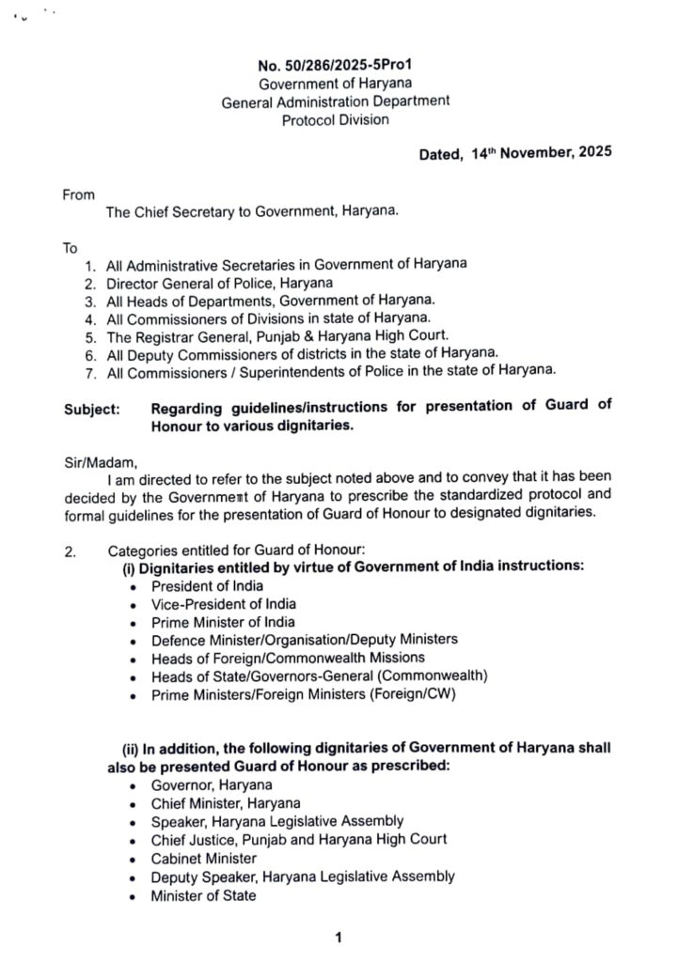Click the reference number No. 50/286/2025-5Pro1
pos(336,67)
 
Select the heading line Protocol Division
pos(336,119)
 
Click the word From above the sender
pos(79,194)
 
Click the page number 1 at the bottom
pos(337,937)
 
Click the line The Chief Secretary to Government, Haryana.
pos(252,212)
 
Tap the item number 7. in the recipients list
pos(89,371)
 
